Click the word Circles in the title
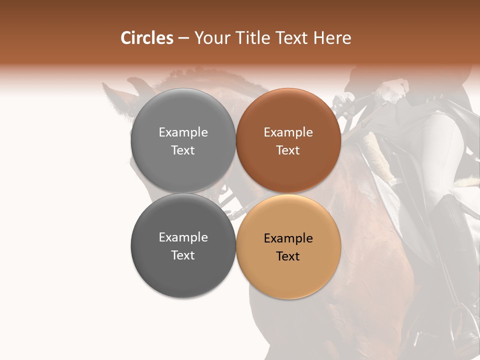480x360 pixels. click(146, 38)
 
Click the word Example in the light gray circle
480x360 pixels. click(183, 132)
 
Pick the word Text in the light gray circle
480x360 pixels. click(183, 150)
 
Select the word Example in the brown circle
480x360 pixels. click(288, 132)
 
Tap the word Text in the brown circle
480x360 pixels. click(288, 150)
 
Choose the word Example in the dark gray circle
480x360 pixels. click(183, 237)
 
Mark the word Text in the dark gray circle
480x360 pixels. click(183, 255)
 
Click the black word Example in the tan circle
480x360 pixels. click(288, 238)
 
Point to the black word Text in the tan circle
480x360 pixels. click(288, 256)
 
